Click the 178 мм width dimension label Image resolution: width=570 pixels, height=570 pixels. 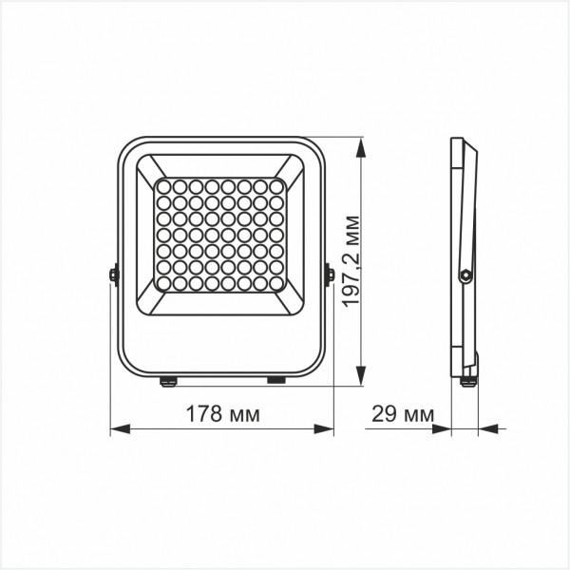(222, 414)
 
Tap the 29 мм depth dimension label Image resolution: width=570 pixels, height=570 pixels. (399, 414)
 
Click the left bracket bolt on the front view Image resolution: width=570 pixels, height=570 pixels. (113, 275)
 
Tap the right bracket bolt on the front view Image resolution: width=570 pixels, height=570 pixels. (329, 275)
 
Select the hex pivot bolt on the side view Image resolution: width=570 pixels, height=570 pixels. (465, 275)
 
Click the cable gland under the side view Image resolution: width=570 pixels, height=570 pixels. (466, 381)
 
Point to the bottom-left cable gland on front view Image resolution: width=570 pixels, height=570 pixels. (168, 381)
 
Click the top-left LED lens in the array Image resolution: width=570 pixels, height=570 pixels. (162, 186)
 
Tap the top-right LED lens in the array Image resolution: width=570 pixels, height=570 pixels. (276, 186)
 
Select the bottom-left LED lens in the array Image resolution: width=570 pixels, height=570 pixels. (162, 283)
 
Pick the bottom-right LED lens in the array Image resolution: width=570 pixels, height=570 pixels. (276, 283)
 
